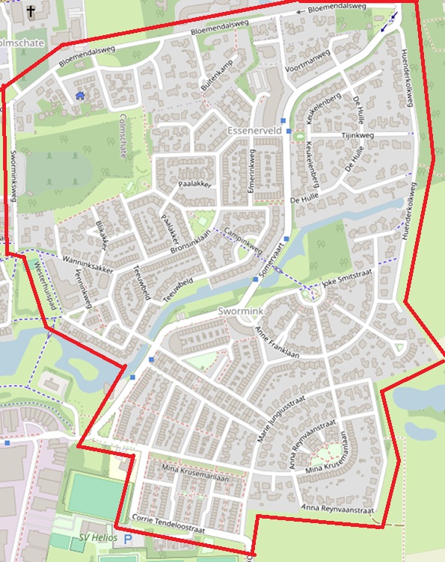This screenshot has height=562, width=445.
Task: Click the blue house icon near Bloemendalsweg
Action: point(80,95)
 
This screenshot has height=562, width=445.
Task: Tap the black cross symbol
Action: point(31,11)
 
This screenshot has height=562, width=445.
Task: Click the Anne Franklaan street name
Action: point(277,342)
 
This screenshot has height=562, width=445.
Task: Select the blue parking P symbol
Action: point(128,538)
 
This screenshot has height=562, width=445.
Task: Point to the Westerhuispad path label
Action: point(43,281)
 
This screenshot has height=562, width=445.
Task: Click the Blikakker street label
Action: point(102,234)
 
